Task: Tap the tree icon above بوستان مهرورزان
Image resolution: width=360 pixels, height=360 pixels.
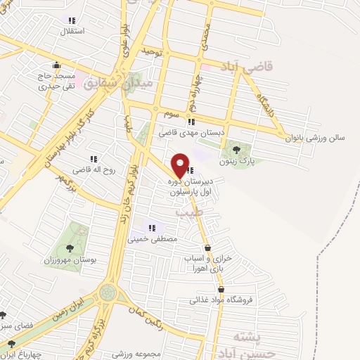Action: [69, 247]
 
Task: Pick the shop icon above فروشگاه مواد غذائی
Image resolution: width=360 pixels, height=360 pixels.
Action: [221, 290]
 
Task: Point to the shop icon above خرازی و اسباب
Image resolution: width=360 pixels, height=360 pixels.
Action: [207, 248]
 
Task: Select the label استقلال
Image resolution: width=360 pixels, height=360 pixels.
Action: [73, 32]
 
